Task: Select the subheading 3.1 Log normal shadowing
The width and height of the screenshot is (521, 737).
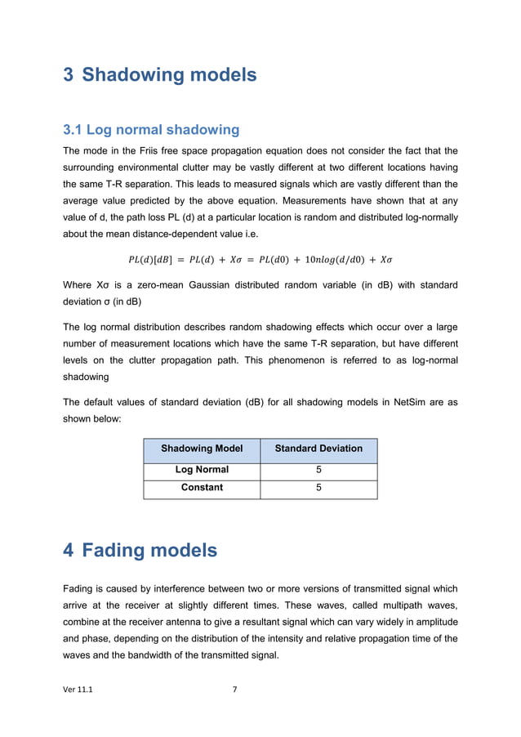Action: (151, 130)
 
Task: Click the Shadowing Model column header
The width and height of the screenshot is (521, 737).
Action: (202, 449)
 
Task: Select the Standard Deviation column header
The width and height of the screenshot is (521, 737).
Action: (318, 449)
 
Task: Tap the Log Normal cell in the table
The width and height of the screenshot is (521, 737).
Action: (202, 470)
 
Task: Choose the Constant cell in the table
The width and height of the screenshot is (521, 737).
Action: (202, 488)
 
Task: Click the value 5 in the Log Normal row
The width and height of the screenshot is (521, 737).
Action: (318, 470)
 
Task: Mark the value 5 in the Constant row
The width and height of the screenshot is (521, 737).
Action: (318, 488)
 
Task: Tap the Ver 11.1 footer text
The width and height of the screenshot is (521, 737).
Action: (78, 690)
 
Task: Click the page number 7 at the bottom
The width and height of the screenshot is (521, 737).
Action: (234, 690)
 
